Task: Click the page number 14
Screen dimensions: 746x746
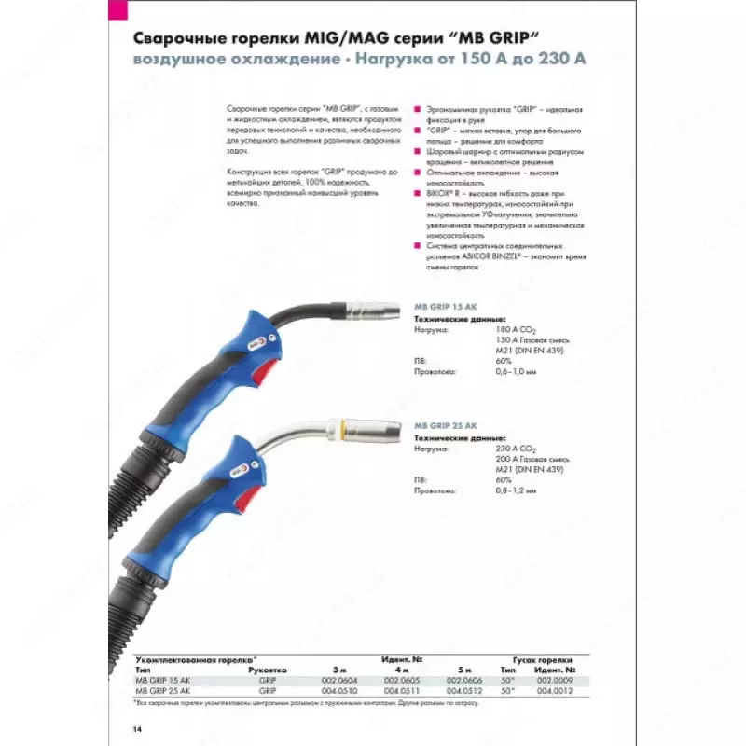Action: click(138, 727)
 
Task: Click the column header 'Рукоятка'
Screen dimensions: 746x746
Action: click(268, 670)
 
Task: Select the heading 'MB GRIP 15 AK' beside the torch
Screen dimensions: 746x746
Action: click(445, 306)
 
